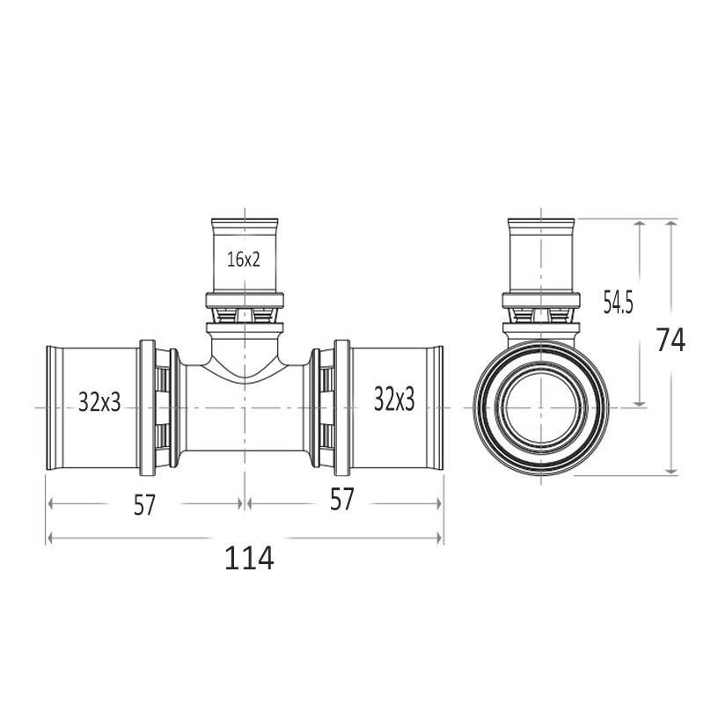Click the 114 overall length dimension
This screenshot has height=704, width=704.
(x=249, y=558)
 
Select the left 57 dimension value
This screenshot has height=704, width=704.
(x=144, y=505)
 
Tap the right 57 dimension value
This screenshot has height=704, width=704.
(x=342, y=499)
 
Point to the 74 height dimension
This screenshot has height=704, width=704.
(x=671, y=340)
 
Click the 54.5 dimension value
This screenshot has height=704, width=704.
(x=618, y=302)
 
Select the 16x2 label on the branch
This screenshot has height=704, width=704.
(x=244, y=260)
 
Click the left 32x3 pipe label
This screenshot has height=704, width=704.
(x=99, y=401)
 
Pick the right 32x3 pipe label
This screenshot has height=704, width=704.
(x=394, y=400)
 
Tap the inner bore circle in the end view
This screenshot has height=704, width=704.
(x=541, y=407)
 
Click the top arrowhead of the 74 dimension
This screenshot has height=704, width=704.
(x=671, y=224)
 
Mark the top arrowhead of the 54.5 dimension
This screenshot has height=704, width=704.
(x=641, y=224)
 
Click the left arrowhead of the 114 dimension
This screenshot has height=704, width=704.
(x=51, y=538)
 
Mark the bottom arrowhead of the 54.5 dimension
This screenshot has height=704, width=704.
(x=641, y=403)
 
